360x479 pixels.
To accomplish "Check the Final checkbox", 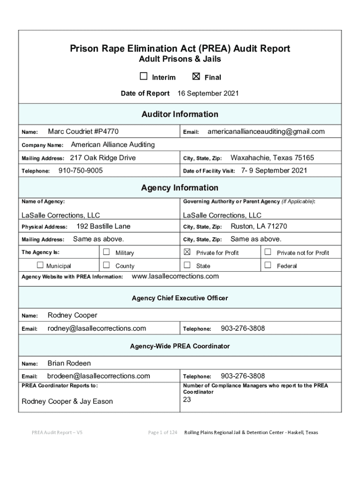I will (196, 77).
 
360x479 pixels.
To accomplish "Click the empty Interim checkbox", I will (144, 77).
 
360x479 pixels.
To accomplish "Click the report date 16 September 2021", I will (208, 94).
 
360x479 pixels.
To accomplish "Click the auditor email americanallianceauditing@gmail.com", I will (266, 131).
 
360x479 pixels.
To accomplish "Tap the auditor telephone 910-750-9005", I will (80, 171).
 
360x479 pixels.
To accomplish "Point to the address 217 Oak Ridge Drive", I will (103, 158).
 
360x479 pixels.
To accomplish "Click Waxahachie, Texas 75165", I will (272, 158).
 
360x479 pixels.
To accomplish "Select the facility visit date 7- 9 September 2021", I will (274, 171).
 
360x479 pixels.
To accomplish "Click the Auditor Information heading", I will (180, 114).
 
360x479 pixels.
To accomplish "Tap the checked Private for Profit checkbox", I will (187, 252).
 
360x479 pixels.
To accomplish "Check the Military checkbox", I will (106, 252).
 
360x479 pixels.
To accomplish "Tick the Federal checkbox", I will (268, 265).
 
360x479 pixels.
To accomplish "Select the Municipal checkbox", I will (40, 265).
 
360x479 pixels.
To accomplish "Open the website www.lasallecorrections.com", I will (175, 276).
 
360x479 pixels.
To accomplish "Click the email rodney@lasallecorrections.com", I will (97, 328).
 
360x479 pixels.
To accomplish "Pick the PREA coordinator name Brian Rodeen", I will (69, 363).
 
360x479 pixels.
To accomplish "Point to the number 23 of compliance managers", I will (187, 399).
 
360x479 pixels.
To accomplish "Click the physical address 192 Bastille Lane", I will (103, 226).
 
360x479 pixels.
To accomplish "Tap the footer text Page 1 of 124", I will (162, 433).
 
